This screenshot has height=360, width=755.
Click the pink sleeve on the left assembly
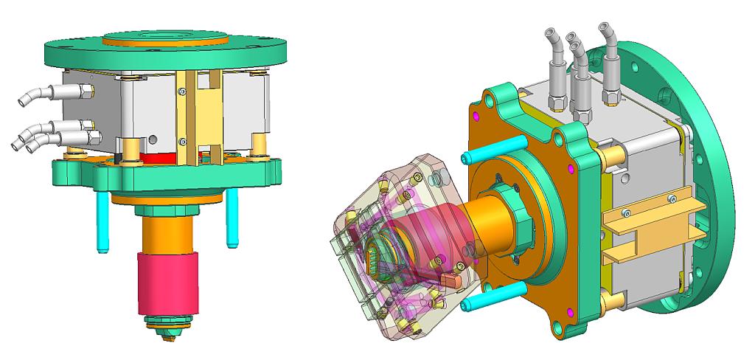[168, 284]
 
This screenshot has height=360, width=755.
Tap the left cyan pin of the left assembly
[101, 221]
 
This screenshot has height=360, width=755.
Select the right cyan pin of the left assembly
[232, 218]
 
